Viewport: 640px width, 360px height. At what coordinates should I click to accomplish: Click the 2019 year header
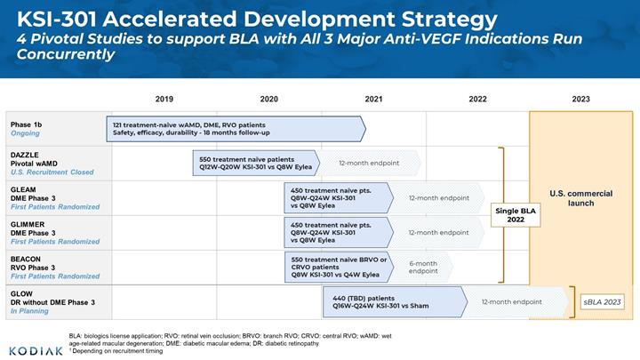(x=164, y=99)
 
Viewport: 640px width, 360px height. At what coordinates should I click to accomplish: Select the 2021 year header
(x=373, y=99)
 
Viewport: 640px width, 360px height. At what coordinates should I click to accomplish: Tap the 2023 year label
(x=580, y=99)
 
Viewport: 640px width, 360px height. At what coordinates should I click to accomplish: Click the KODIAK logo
(x=36, y=351)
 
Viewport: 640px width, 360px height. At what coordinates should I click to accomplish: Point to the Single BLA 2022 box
(x=516, y=215)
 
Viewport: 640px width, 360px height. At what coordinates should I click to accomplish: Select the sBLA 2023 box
(x=602, y=302)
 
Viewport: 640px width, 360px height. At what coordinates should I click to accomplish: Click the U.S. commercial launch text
(x=580, y=198)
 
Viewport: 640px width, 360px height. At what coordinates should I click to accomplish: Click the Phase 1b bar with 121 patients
(x=236, y=129)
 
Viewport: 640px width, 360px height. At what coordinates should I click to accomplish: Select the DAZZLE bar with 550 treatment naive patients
(x=256, y=163)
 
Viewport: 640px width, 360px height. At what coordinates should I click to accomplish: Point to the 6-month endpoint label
(x=423, y=268)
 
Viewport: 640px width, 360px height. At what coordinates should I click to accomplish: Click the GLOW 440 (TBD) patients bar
(x=395, y=302)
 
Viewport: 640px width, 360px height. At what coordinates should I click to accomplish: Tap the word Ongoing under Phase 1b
(x=25, y=133)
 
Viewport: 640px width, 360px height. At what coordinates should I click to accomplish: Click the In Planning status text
(x=29, y=311)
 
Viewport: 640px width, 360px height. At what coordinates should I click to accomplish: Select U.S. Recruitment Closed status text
(x=52, y=172)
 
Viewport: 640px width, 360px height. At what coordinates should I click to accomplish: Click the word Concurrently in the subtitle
(x=66, y=54)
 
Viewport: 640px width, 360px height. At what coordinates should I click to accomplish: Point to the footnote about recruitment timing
(x=116, y=351)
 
